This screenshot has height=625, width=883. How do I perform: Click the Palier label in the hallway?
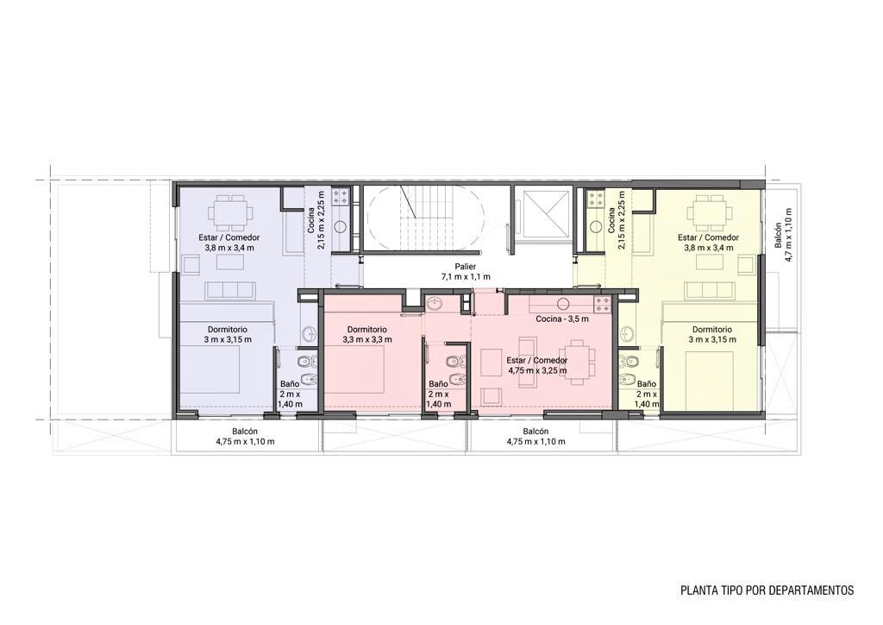click(466, 267)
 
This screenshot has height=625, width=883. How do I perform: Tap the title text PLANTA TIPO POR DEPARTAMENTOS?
click(767, 590)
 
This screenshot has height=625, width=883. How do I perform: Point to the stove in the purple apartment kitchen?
click(341, 197)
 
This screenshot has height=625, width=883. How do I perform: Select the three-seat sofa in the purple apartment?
click(228, 290)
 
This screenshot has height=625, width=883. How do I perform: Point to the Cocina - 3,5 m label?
click(562, 319)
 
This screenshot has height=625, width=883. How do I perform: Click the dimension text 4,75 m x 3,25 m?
click(537, 371)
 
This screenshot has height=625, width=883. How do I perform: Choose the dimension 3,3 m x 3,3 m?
click(366, 340)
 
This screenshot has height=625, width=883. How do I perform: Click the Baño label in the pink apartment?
click(439, 384)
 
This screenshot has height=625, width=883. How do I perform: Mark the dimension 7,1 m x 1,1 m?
click(466, 277)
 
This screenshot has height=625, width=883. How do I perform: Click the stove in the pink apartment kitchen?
click(601, 305)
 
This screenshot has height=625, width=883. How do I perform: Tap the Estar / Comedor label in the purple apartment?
click(229, 237)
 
